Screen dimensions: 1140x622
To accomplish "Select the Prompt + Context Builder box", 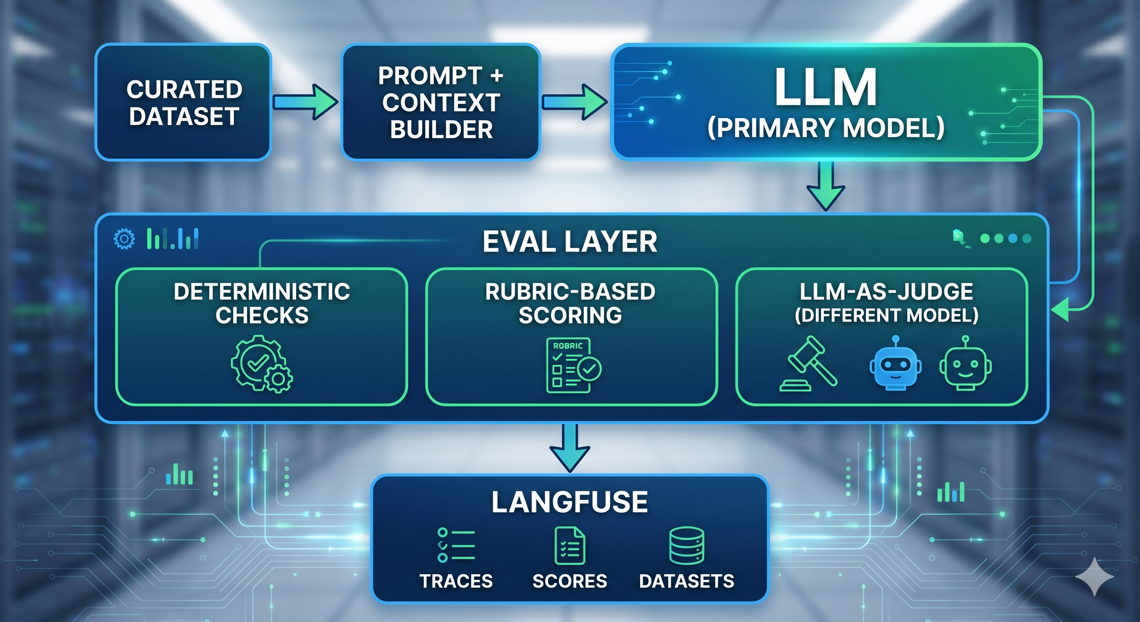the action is (x=441, y=102).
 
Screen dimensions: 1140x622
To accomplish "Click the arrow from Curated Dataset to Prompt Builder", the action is (x=306, y=102).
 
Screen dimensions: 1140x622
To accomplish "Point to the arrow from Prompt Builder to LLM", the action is (x=575, y=102).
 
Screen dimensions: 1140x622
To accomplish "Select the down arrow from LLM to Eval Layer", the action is (x=826, y=186).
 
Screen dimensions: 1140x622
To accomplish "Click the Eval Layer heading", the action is (x=570, y=242).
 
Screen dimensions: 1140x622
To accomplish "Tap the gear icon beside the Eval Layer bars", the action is (x=124, y=239).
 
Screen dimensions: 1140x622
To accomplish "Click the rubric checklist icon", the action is (x=574, y=365).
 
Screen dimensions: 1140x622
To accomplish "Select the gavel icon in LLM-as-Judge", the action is (x=808, y=364).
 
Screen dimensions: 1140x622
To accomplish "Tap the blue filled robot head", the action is (x=896, y=363).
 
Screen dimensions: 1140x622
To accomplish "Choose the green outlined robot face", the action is (x=966, y=363).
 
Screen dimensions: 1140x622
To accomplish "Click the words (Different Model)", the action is (x=887, y=315).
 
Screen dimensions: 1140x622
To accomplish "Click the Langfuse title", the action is (x=570, y=502).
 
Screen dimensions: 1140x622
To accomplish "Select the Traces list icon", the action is (x=456, y=545).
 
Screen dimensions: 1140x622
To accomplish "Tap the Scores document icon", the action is (x=570, y=545).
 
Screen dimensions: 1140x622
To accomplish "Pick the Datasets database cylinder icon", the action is (x=687, y=545).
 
